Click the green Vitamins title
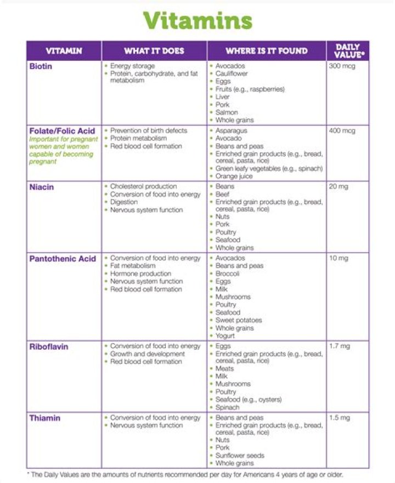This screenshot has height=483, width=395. [x=198, y=21]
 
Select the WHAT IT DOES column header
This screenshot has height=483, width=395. [x=154, y=51]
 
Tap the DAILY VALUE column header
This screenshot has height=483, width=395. [x=347, y=51]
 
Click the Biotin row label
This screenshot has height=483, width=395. [x=41, y=66]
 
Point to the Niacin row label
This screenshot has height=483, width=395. [x=42, y=186]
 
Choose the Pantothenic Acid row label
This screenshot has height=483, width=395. [x=63, y=258]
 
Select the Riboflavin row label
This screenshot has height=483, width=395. [x=49, y=346]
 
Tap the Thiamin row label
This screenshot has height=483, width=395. [x=45, y=418]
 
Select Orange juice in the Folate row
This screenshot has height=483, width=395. [x=234, y=177]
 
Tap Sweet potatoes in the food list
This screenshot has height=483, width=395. [x=239, y=320]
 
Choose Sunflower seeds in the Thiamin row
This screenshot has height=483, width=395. [x=240, y=456]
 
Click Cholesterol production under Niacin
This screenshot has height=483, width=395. [x=144, y=186]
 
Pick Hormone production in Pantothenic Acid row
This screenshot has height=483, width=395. [x=141, y=274]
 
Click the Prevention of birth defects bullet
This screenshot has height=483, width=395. [x=149, y=131]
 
